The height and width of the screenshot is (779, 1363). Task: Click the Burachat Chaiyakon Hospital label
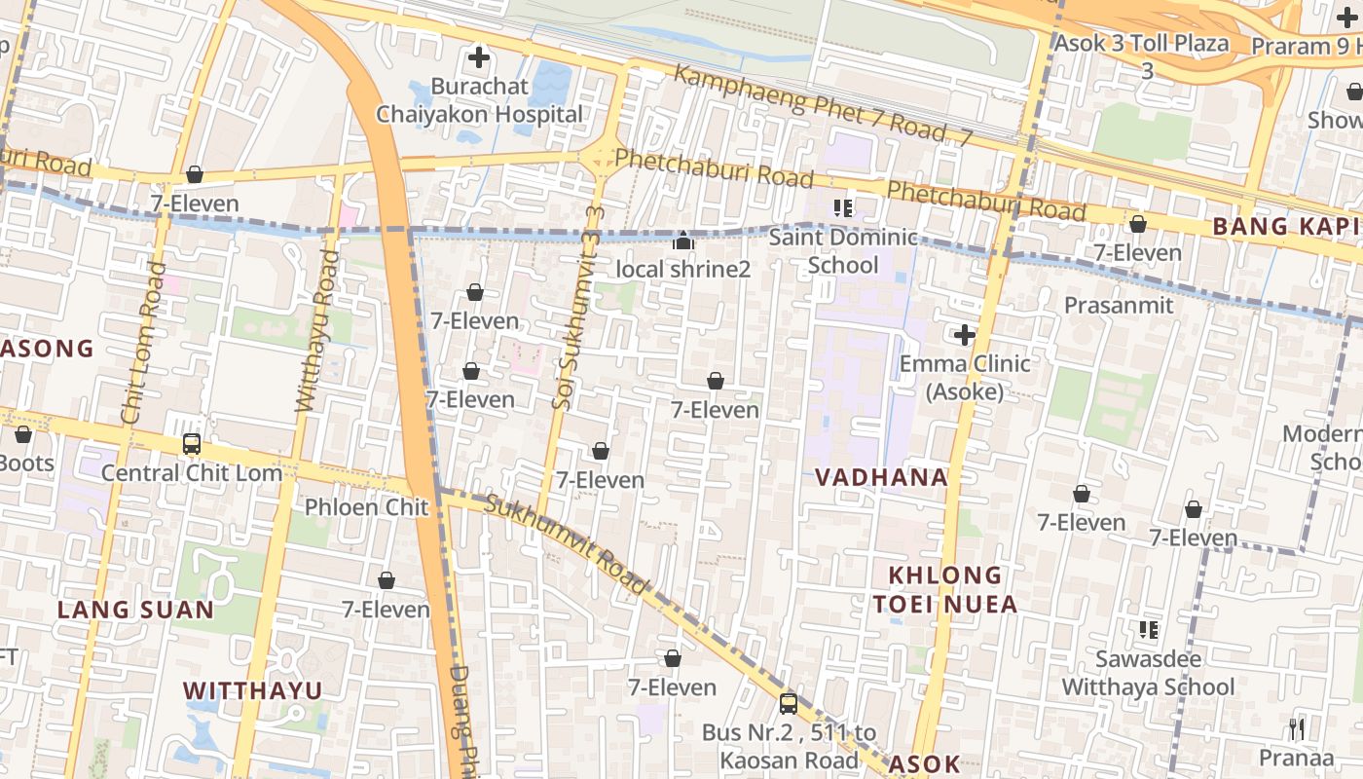pyautogui.click(x=479, y=100)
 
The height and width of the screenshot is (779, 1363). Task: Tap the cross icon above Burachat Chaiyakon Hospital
pyautogui.click(x=479, y=57)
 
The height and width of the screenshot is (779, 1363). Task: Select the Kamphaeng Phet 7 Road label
pyautogui.click(x=823, y=107)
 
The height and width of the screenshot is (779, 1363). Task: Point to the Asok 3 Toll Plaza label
pyautogui.click(x=1141, y=44)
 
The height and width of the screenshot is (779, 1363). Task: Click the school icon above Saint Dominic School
pyautogui.click(x=843, y=207)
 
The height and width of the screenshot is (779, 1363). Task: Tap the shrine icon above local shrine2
pyautogui.click(x=683, y=241)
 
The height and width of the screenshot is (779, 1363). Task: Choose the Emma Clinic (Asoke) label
pyautogui.click(x=964, y=377)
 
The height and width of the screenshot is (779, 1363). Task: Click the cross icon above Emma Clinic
pyautogui.click(x=964, y=336)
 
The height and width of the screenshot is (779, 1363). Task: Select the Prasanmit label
pyautogui.click(x=1119, y=306)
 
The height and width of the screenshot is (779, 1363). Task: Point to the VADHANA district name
pyautogui.click(x=881, y=477)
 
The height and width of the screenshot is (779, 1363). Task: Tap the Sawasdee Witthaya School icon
pyautogui.click(x=1149, y=630)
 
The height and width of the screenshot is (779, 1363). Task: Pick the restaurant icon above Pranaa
pyautogui.click(x=1296, y=728)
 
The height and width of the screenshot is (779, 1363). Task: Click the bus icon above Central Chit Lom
pyautogui.click(x=192, y=444)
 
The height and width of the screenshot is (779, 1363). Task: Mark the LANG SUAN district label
pyautogui.click(x=135, y=610)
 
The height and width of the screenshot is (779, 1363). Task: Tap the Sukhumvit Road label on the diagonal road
pyautogui.click(x=566, y=543)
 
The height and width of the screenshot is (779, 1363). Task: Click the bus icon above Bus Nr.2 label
pyautogui.click(x=789, y=703)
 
